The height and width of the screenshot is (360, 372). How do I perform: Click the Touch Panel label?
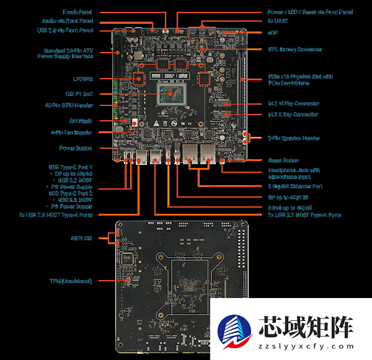78,12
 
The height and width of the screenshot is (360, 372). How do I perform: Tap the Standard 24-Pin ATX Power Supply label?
68,53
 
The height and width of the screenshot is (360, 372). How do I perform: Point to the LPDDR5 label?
82,79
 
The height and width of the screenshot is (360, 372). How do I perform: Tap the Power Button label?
76,148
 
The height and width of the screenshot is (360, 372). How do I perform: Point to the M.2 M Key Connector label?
293,104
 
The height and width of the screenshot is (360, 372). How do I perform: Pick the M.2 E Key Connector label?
293,115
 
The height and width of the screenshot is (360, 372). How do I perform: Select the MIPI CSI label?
82,237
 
